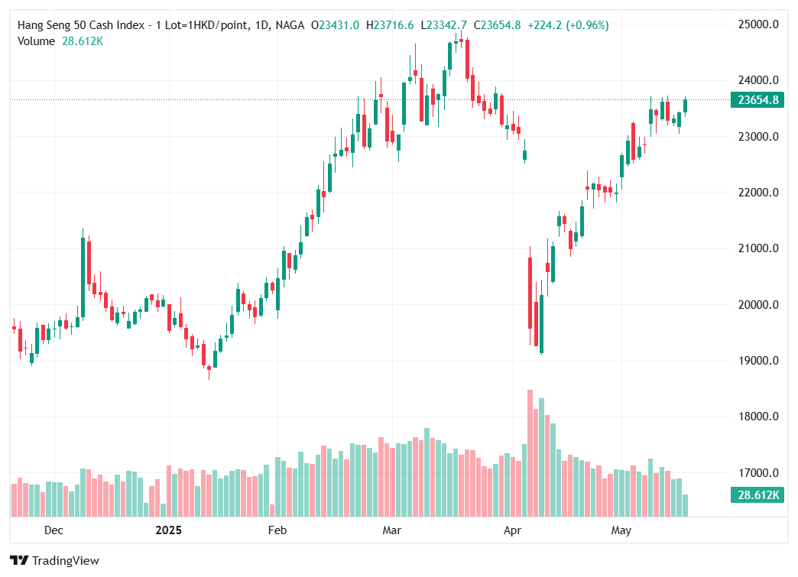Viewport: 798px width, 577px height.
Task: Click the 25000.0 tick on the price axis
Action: click(757, 24)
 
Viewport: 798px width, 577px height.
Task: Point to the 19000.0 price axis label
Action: click(757, 361)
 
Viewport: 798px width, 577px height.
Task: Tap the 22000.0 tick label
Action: click(757, 193)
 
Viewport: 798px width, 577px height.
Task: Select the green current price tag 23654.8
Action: click(757, 100)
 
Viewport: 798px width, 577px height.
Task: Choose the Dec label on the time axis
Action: click(54, 530)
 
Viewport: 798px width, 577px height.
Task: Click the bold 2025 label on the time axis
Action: click(169, 530)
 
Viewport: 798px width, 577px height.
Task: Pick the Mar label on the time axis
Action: click(392, 530)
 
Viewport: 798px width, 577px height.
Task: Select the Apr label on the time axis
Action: click(512, 530)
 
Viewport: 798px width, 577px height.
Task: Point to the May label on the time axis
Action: click(621, 530)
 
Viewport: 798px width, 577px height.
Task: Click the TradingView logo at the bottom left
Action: click(55, 561)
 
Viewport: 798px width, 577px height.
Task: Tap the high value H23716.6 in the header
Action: click(390, 25)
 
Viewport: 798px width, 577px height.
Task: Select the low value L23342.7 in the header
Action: click(446, 25)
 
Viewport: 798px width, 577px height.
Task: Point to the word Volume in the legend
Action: click(36, 41)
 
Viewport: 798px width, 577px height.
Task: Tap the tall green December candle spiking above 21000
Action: click(83, 276)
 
